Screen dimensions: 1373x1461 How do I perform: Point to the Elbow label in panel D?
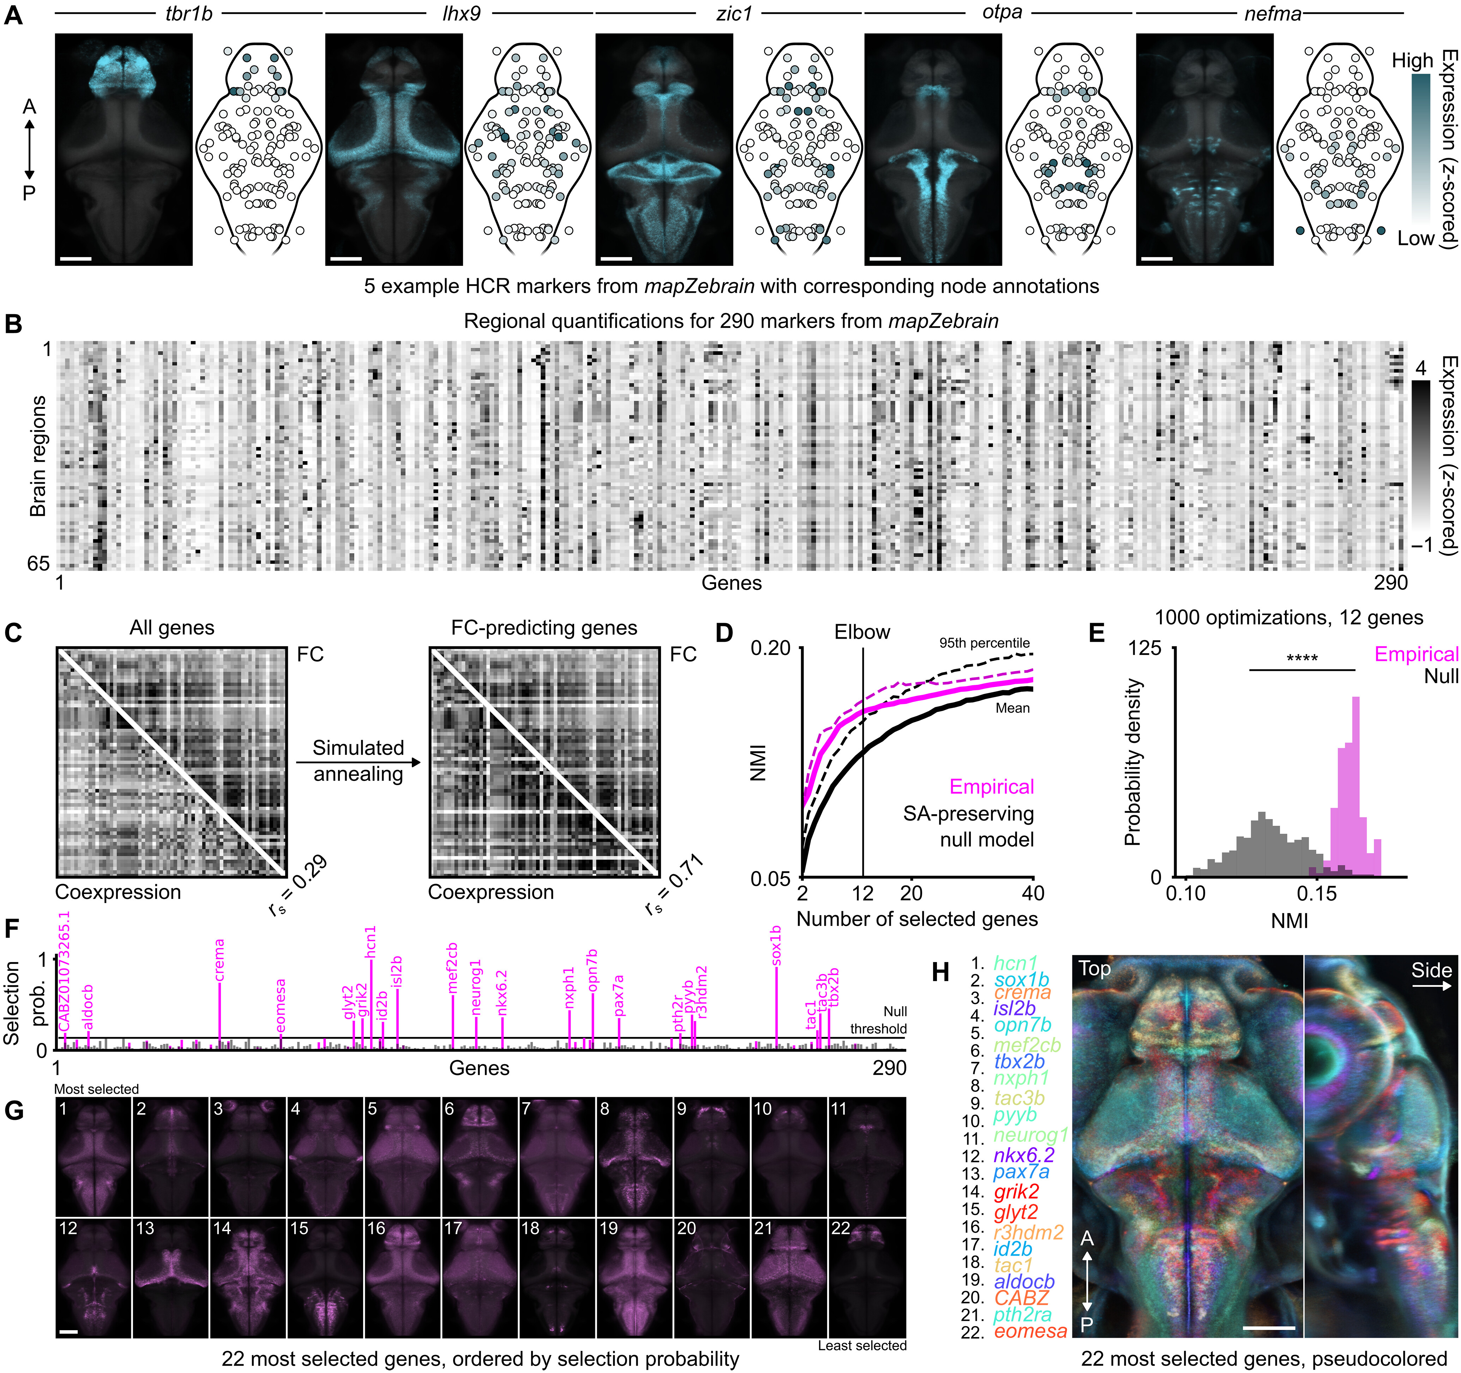click(862, 632)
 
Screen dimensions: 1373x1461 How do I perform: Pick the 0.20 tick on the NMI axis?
click(770, 648)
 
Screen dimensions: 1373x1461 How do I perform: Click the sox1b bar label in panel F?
click(776, 945)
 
